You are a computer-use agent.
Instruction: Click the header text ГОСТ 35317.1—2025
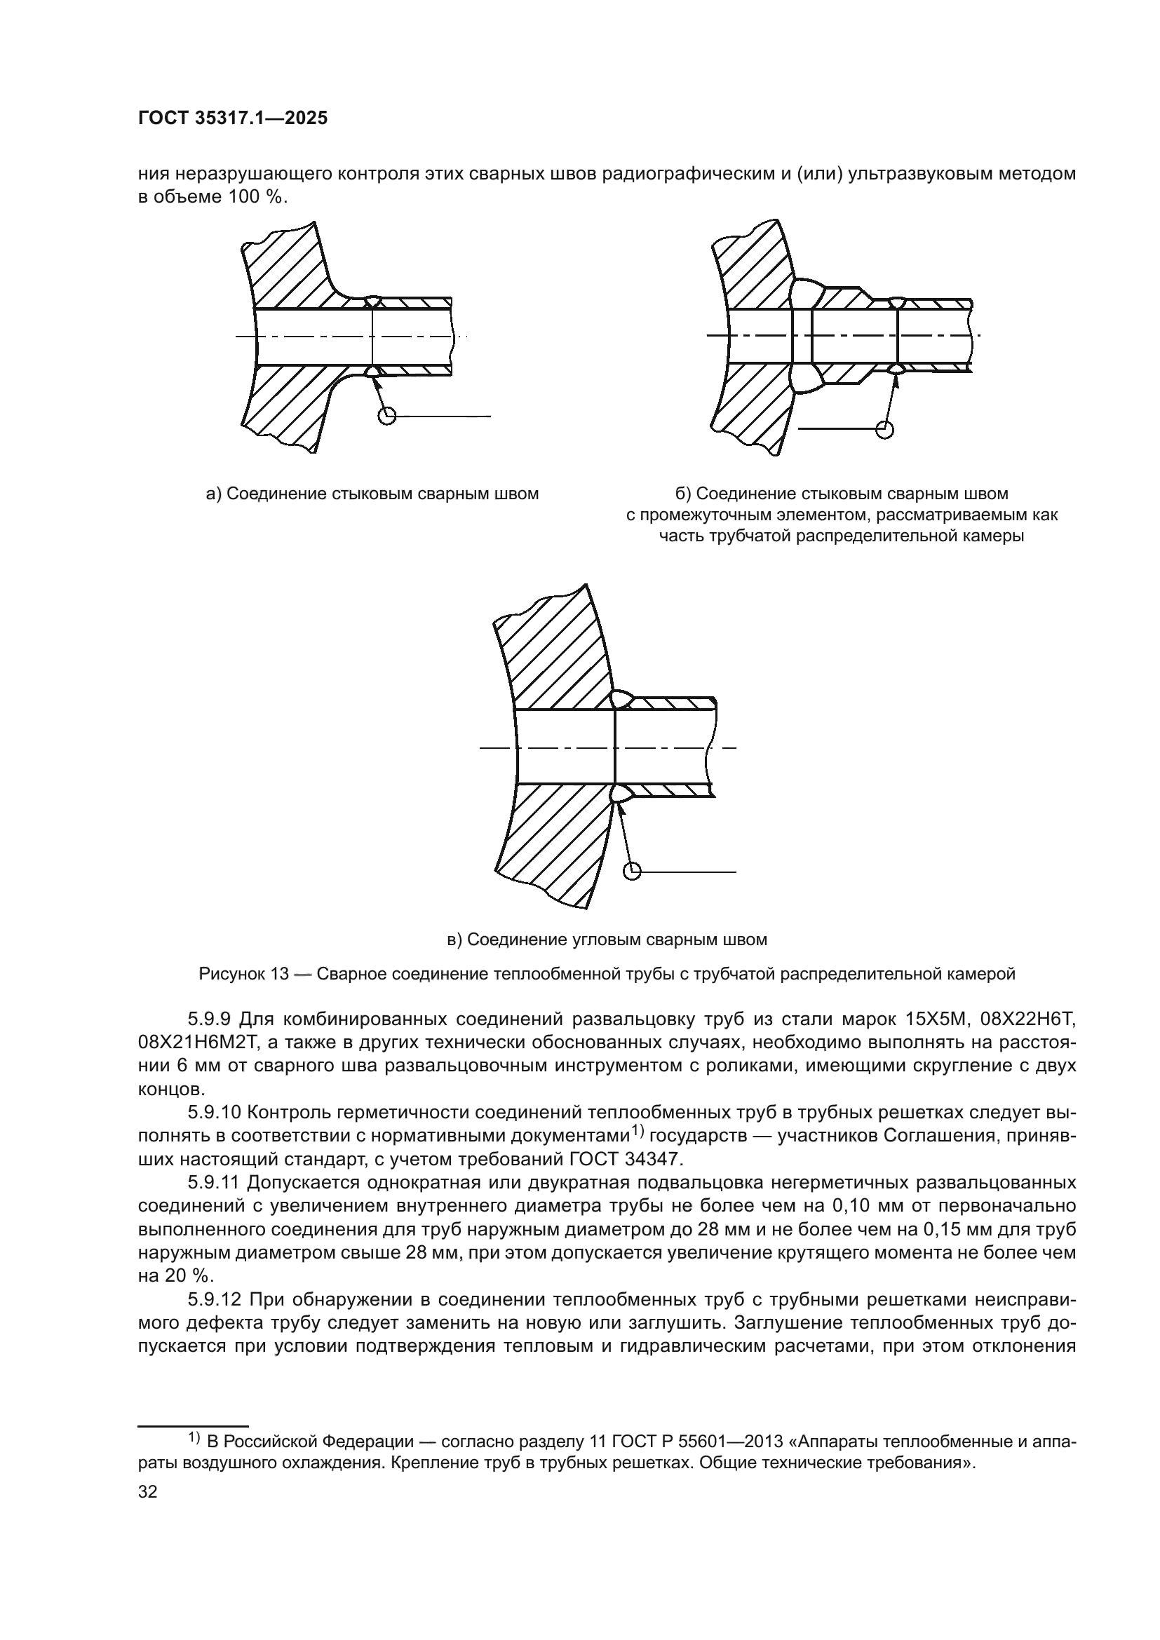coord(232,118)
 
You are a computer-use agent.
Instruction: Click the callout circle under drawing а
coord(386,416)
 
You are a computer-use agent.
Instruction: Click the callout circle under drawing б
coord(885,428)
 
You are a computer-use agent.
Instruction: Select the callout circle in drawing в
coord(632,872)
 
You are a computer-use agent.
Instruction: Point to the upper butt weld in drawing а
coord(372,301)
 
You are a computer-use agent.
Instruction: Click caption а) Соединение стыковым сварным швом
coord(372,494)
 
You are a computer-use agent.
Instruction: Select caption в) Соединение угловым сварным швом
coord(607,940)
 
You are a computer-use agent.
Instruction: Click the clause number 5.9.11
coord(218,1183)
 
